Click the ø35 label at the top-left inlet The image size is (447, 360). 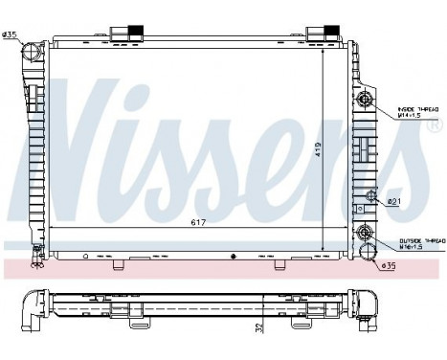click(11, 35)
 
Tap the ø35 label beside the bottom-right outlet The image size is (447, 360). click(389, 265)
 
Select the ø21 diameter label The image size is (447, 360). click(392, 201)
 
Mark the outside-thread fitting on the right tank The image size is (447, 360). click(365, 230)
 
